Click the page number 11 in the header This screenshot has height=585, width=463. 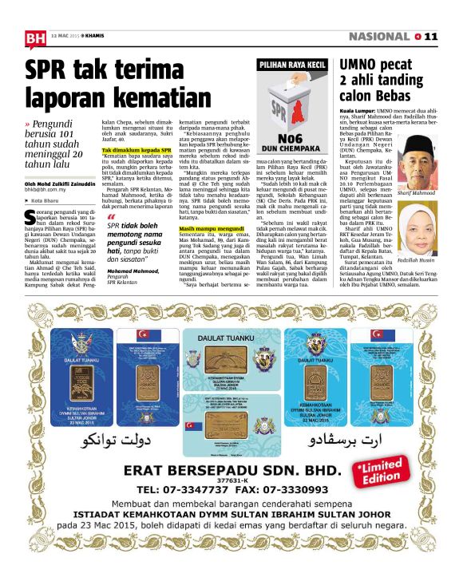coord(432,37)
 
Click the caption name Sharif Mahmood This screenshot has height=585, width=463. coord(418,192)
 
